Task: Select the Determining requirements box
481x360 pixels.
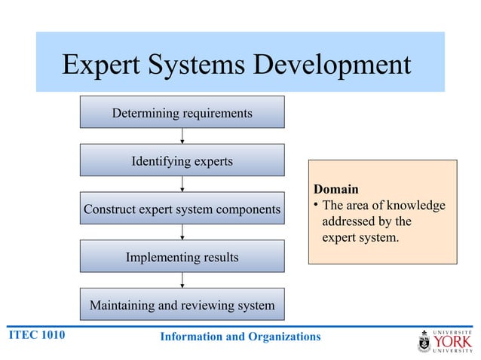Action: pos(182,113)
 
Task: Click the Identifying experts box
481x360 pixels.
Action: pos(182,161)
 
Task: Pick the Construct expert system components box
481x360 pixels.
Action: pos(182,209)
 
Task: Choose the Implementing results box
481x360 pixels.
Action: pos(182,257)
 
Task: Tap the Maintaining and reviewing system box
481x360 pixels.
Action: pos(182,305)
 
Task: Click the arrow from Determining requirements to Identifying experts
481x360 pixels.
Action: pos(182,136)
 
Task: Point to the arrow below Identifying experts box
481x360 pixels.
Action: pos(182,185)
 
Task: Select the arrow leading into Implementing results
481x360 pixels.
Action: pos(182,232)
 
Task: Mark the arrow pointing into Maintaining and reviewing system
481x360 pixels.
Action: pos(182,280)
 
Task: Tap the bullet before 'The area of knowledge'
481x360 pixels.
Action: pos(317,206)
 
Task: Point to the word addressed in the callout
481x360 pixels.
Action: pos(353,222)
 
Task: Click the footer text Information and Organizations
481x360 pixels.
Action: pos(240,336)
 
